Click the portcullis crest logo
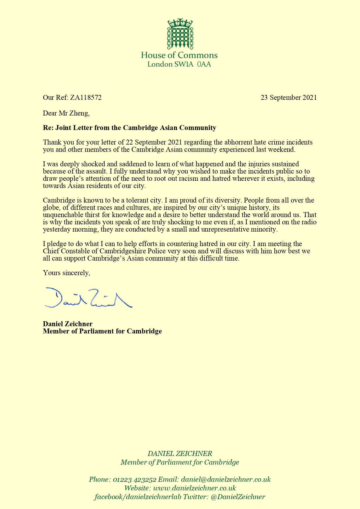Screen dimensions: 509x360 180,34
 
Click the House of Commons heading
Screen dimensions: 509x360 179,55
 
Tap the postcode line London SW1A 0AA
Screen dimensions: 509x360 179,64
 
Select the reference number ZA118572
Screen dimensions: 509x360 86,98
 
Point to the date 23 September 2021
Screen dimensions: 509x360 289,98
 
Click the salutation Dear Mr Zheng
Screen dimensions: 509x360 66,113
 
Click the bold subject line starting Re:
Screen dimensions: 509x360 129,128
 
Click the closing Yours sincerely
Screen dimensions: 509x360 66,273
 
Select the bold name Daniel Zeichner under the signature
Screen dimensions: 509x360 68,324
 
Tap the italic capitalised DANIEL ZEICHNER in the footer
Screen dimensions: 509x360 180,454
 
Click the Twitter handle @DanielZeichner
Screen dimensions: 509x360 238,497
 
